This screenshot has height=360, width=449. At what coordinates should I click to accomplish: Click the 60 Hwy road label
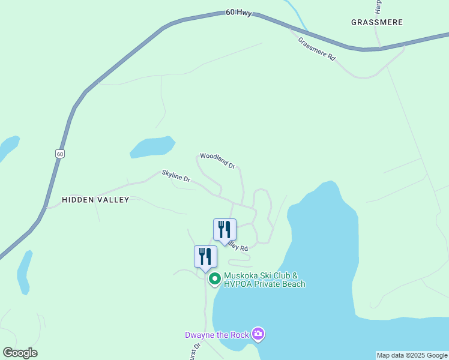pyautogui.click(x=238, y=12)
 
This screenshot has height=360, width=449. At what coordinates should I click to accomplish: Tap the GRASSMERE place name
pyautogui.click(x=376, y=22)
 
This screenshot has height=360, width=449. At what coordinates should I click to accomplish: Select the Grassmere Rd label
pyautogui.click(x=316, y=48)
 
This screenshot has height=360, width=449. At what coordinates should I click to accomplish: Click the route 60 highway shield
pyautogui.click(x=60, y=154)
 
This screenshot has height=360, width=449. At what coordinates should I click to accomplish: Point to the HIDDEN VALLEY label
pyautogui.click(x=95, y=200)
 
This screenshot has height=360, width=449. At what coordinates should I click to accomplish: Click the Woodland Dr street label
pyautogui.click(x=217, y=160)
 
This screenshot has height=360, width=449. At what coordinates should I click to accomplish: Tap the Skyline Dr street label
pyautogui.click(x=176, y=176)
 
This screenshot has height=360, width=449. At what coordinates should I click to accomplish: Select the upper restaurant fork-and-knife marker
pyautogui.click(x=224, y=230)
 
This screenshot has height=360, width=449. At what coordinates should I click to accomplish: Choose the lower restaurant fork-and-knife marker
pyautogui.click(x=205, y=257)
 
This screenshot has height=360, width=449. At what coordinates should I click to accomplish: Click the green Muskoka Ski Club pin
pyautogui.click(x=214, y=279)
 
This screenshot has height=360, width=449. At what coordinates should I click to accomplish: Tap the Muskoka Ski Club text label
pyautogui.click(x=264, y=280)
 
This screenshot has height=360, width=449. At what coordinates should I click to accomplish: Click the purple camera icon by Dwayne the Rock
pyautogui.click(x=258, y=334)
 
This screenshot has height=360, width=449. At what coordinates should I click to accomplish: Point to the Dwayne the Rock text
pyautogui.click(x=216, y=335)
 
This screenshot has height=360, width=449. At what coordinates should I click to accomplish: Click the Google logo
pyautogui.click(x=20, y=353)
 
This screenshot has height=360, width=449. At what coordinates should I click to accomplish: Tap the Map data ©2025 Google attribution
pyautogui.click(x=412, y=355)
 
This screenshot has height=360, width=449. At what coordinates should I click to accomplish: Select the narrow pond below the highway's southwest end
pyautogui.click(x=25, y=273)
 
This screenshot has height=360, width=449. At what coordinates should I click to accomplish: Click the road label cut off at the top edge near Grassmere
pyautogui.click(x=378, y=6)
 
